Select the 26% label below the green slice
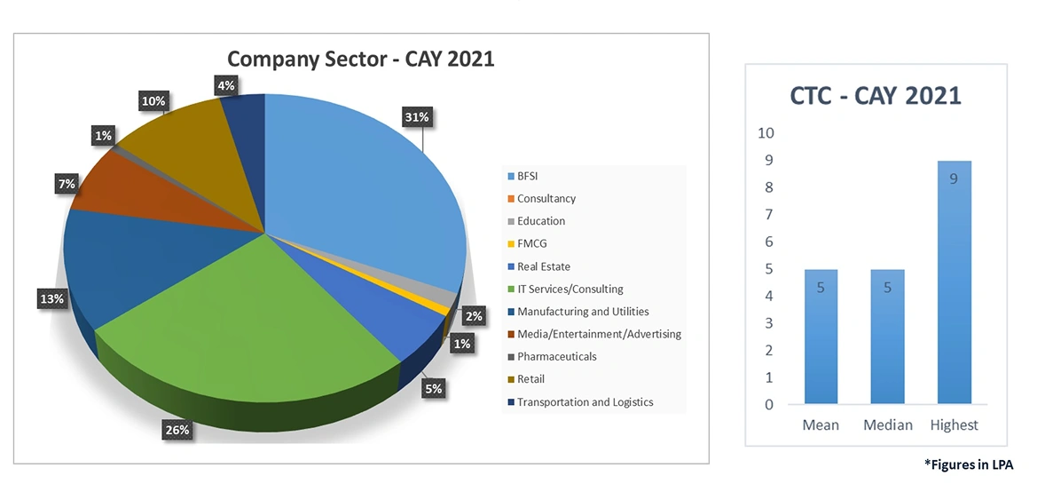coord(177,431)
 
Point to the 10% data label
coord(153,101)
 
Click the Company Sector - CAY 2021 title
coord(360,60)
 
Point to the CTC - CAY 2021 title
coord(876,96)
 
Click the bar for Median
coord(887,337)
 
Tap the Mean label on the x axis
coord(821,425)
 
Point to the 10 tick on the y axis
coord(765,133)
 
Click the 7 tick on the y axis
coord(769,215)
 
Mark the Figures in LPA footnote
coord(968,464)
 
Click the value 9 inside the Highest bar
coord(954,179)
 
